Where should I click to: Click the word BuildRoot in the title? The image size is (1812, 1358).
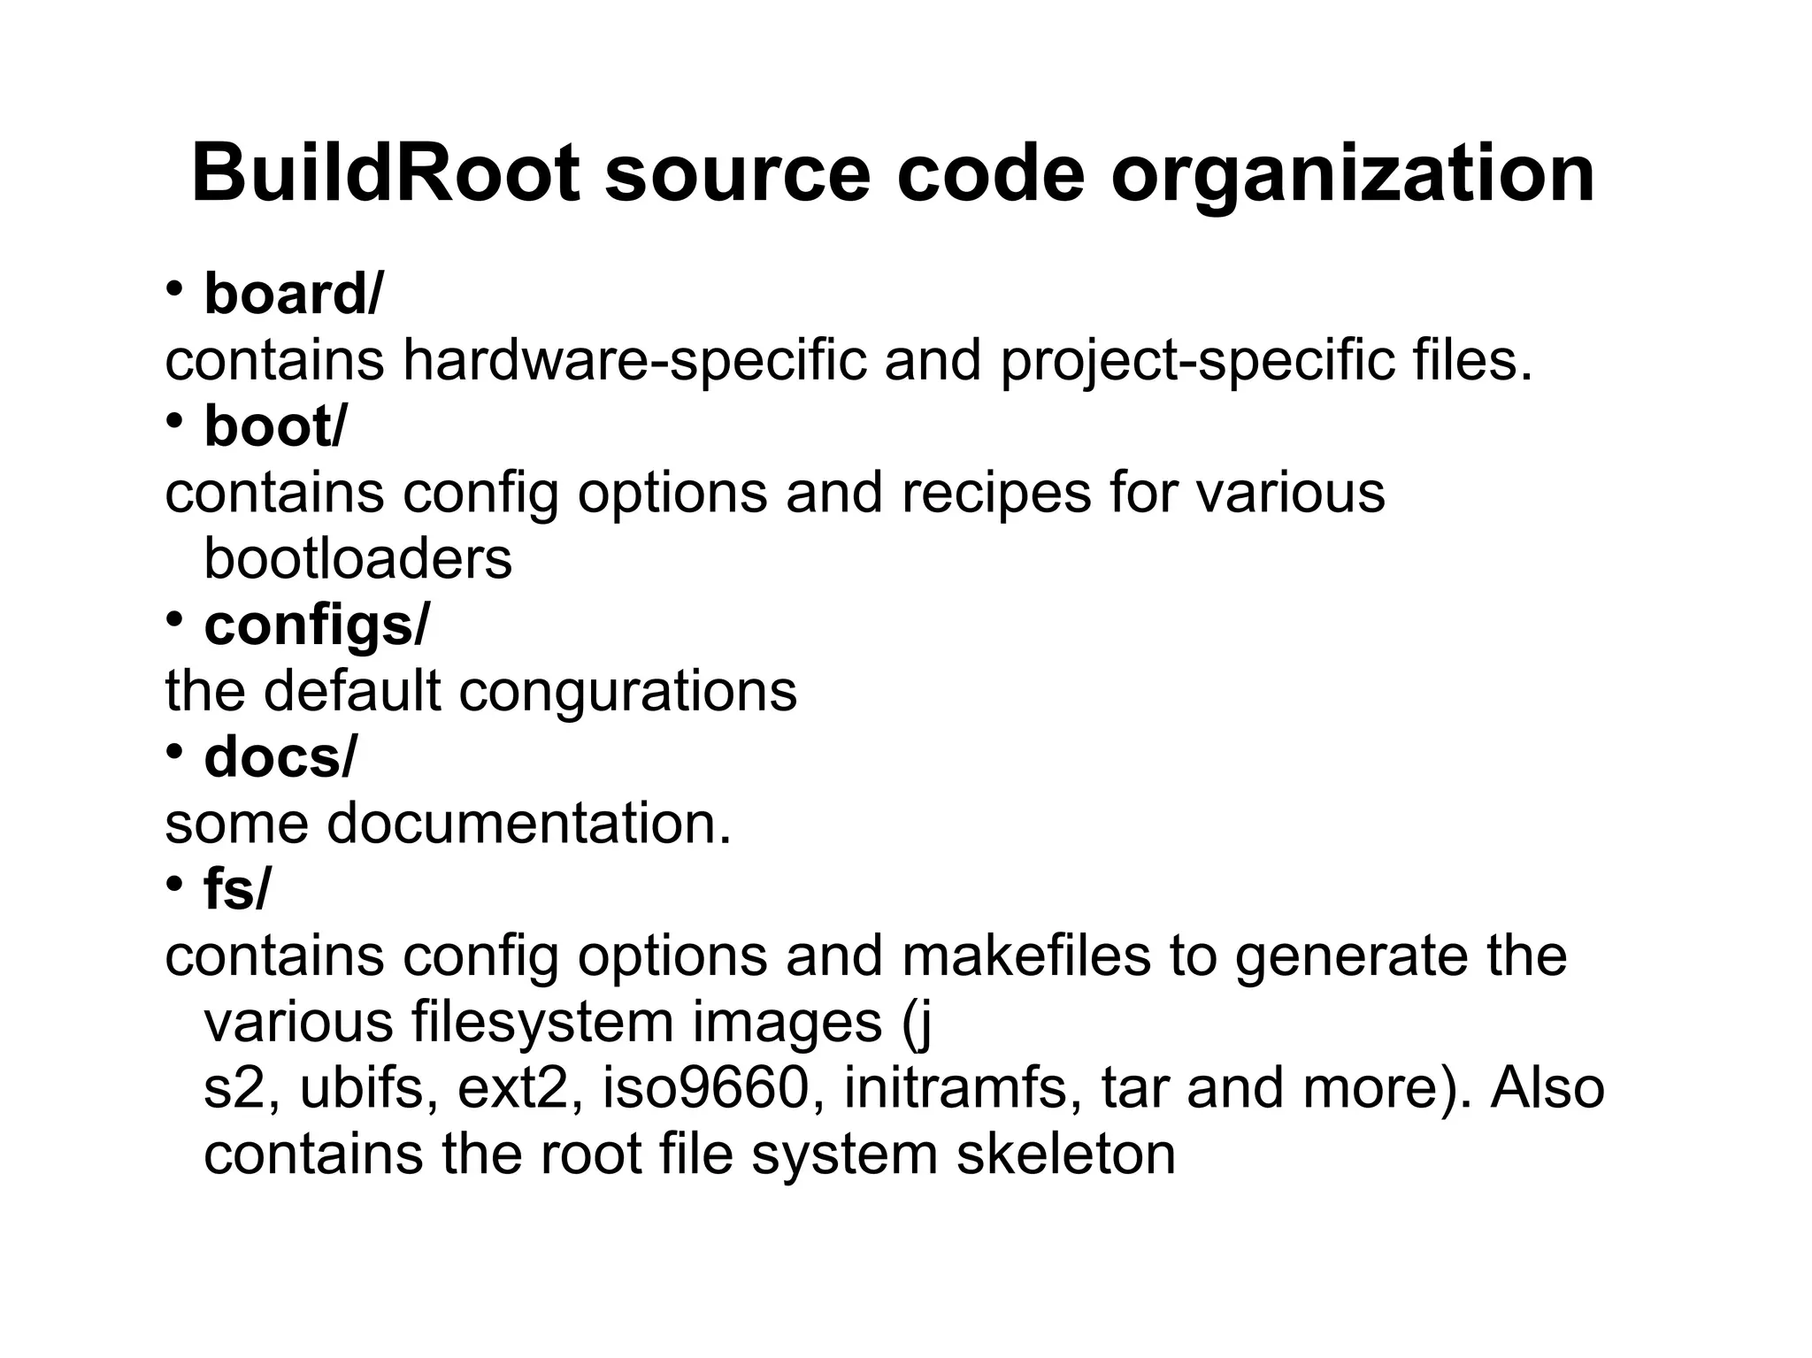tap(386, 173)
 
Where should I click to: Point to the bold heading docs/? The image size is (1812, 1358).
tap(280, 758)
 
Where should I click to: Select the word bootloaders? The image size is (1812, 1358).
tap(357, 559)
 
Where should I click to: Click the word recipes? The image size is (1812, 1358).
tap(996, 494)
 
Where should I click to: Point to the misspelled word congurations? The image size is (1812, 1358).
tap(628, 691)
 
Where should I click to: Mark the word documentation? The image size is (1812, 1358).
tap(529, 824)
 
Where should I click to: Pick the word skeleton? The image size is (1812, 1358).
tap(1065, 1155)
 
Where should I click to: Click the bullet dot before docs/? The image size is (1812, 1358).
tap(174, 751)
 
